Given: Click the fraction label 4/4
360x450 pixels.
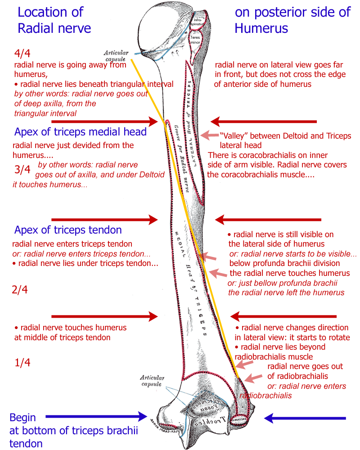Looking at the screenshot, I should click(21, 54).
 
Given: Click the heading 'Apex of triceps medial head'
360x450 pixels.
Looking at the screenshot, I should click(81, 132).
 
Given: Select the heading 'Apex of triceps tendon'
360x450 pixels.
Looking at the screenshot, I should click(68, 230).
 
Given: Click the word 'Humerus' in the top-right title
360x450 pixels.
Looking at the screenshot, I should click(261, 28).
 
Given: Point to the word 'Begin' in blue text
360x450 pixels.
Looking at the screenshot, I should click(22, 418).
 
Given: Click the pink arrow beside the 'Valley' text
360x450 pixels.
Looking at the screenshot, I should click(208, 134).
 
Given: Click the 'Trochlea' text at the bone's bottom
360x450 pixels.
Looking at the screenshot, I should click(205, 424).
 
